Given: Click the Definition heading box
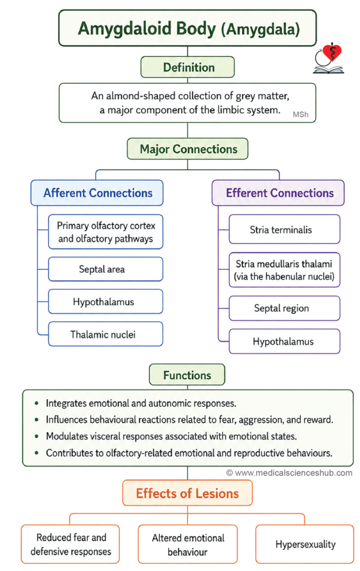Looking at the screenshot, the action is click(x=187, y=67).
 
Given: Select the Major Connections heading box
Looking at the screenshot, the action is click(x=187, y=149).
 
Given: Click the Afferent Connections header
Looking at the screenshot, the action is click(x=97, y=192).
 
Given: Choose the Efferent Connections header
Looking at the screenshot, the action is click(x=278, y=192).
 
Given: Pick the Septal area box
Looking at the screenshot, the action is click(x=105, y=269).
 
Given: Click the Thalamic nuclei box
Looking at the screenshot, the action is click(x=105, y=334).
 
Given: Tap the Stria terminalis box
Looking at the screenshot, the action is click(x=284, y=229).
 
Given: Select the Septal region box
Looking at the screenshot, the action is click(x=284, y=308).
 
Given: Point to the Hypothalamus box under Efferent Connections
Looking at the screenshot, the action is click(x=284, y=341).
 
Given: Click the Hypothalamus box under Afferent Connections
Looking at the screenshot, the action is click(x=105, y=302).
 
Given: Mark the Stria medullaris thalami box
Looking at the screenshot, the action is click(x=284, y=270).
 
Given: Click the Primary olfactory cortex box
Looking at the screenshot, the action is click(x=105, y=232).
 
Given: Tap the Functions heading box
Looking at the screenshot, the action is click(x=187, y=375).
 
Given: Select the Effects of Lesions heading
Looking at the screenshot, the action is click(x=187, y=493).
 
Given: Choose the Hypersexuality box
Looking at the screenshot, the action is click(x=305, y=544).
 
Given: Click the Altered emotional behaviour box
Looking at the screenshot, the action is click(x=187, y=544).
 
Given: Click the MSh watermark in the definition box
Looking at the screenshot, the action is click(x=301, y=114).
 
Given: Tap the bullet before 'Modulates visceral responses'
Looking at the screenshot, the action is click(x=36, y=436).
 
